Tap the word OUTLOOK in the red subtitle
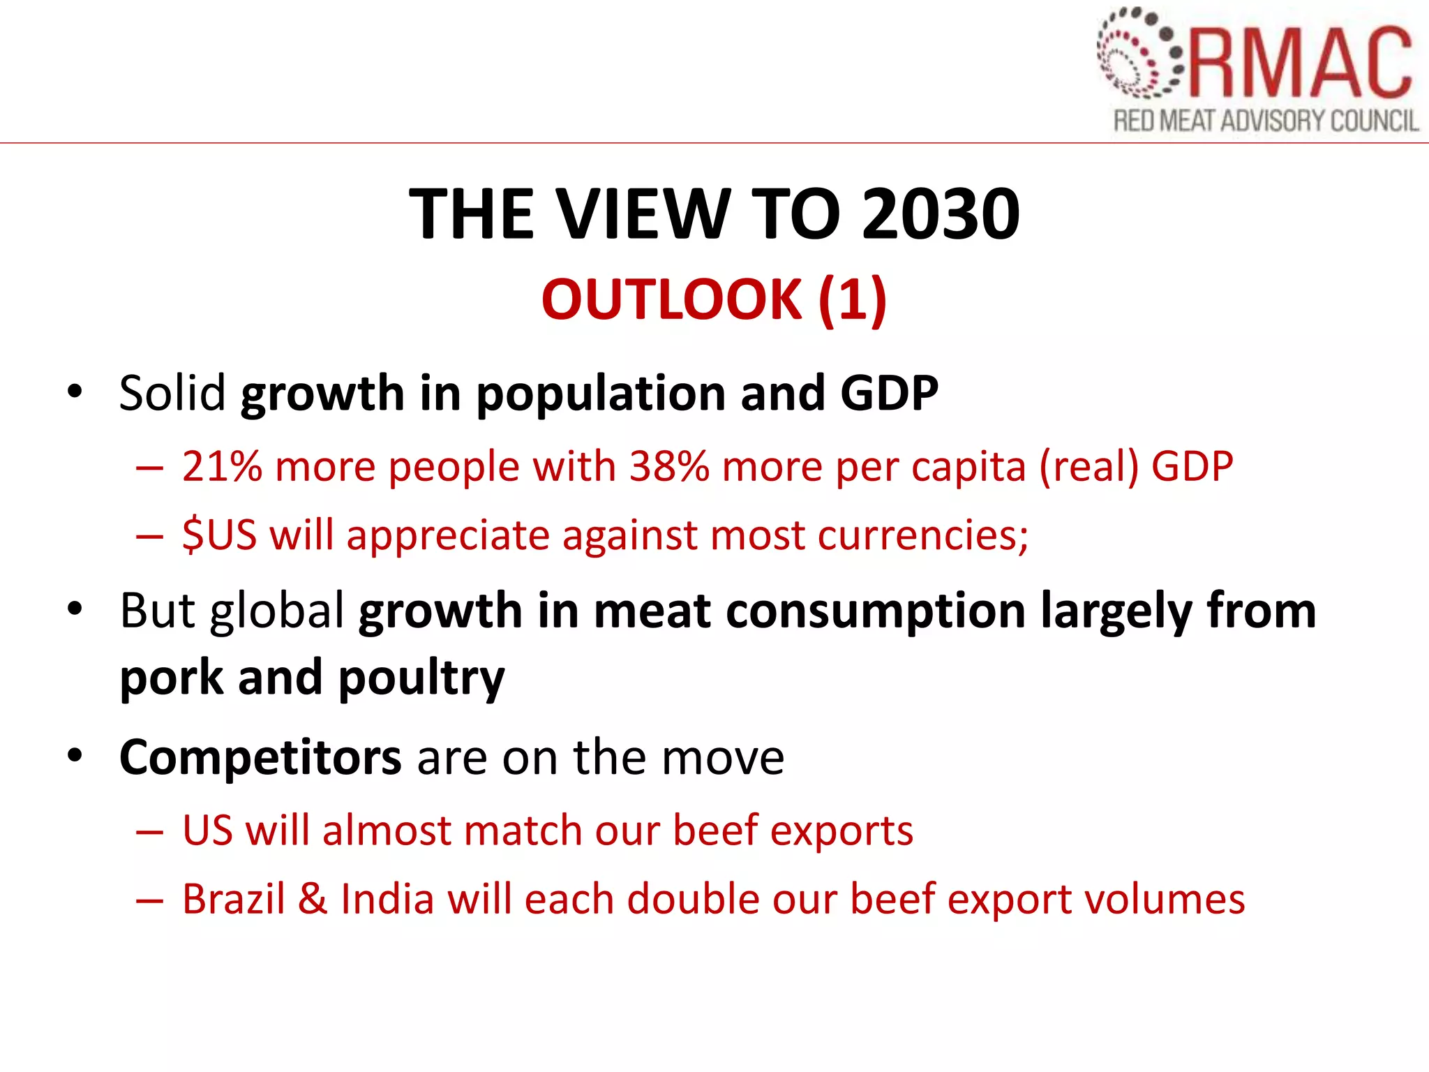pos(671,299)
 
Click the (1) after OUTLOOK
pos(852,299)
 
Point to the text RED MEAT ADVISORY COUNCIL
pos(1266,121)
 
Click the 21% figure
pos(222,466)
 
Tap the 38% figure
pos(669,466)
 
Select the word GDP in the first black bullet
pos(889,393)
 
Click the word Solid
pos(172,393)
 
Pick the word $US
pos(219,535)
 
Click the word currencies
pos(922,535)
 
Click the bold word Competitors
pos(260,757)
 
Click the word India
pos(387,899)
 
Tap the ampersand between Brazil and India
pos(313,899)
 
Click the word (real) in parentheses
pos(1088,466)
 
